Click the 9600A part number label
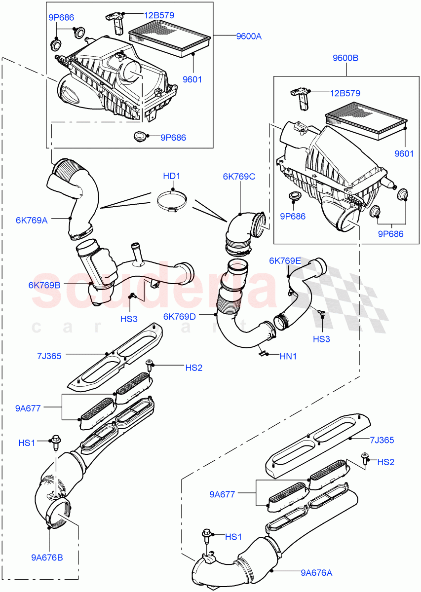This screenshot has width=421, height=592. [249, 36]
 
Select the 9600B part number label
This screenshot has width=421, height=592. [345, 58]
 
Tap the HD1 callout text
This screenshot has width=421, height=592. [173, 176]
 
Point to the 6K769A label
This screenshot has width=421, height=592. [45, 220]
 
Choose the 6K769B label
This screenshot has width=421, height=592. [44, 285]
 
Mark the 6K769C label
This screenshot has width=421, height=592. [239, 177]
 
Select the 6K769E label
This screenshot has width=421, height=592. [285, 261]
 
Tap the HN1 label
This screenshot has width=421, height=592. [289, 355]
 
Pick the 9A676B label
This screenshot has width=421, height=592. [47, 557]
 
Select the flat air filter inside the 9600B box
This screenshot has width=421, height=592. [365, 121]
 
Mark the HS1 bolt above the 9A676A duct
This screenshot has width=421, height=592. [207, 537]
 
